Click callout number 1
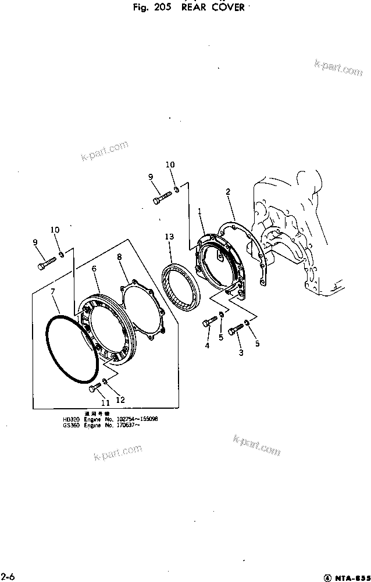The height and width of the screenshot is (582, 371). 199,213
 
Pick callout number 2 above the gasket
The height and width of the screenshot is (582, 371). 228,191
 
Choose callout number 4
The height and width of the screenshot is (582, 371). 206,346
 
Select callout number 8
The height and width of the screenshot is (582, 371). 120,256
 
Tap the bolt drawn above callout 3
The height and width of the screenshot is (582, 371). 236,330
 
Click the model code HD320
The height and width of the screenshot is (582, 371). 70,419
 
